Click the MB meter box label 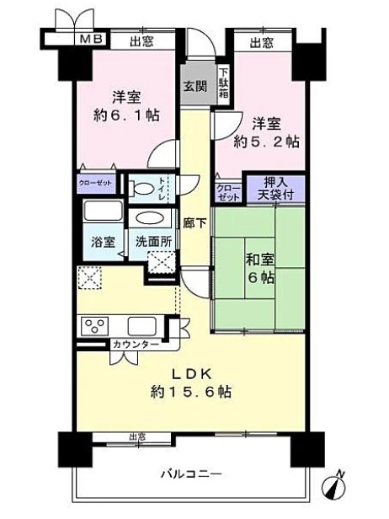92,39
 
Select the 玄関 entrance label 195,87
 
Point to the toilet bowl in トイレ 142,189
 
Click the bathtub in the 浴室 103,211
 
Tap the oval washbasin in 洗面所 150,218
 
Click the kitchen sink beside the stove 142,326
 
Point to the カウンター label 136,345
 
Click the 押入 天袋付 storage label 275,189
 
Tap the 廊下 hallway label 194,224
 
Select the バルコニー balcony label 191,474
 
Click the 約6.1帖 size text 126,115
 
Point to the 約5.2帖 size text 267,142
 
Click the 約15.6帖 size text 191,392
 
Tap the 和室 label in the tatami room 259,259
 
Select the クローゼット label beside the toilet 96,183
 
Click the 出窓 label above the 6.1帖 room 141,42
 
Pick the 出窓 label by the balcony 137,437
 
